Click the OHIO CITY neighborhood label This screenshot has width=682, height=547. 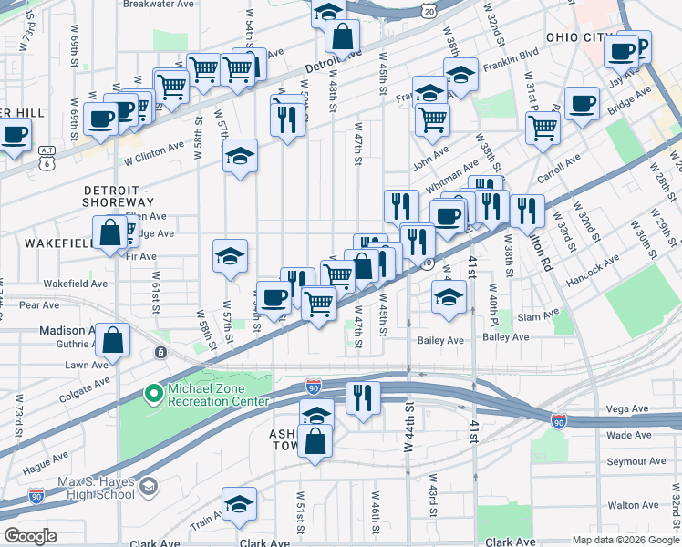(576, 36)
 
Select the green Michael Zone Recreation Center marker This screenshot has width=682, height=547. (154, 394)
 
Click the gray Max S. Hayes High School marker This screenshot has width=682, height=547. (146, 487)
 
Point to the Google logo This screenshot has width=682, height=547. (31, 536)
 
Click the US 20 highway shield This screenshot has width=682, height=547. (429, 8)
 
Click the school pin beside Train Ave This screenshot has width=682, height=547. (239, 504)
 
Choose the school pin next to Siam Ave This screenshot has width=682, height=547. (448, 297)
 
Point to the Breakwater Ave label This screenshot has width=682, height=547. (160, 5)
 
